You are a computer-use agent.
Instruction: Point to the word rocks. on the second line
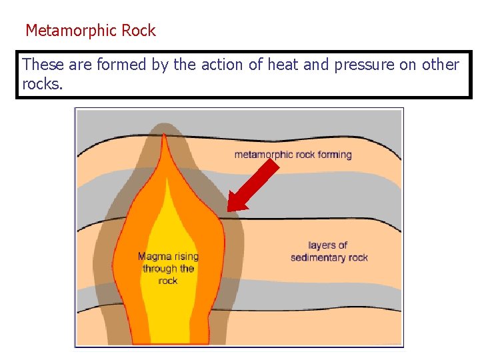[42, 85]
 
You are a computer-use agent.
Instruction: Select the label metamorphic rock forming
[293, 155]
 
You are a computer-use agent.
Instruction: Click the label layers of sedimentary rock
[329, 251]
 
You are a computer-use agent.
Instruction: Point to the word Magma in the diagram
[154, 257]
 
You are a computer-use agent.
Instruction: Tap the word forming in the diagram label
[334, 155]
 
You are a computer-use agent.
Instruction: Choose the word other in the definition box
[439, 65]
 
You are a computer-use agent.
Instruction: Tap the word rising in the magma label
[185, 257]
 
